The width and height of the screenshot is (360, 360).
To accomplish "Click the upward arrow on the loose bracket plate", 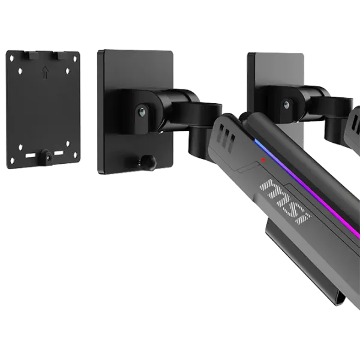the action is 46,73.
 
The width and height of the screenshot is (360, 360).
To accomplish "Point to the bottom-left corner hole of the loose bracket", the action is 12,160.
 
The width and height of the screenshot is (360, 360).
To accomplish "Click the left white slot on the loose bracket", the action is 31,155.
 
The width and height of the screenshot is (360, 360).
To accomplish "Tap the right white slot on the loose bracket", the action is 59,152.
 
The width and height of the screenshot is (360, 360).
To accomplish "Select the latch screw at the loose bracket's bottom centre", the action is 47,157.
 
